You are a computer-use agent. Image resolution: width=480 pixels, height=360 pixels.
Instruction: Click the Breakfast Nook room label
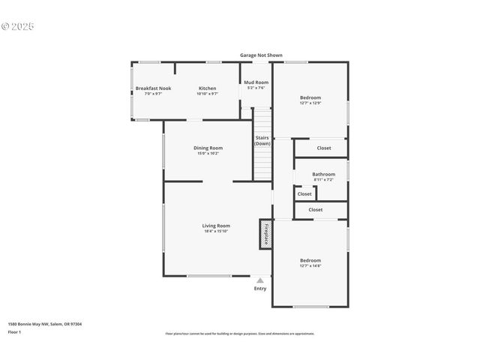pos(153,88)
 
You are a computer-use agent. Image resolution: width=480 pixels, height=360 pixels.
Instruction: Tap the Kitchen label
pos(207,88)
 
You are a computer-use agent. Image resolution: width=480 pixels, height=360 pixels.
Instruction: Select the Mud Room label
pos(256,82)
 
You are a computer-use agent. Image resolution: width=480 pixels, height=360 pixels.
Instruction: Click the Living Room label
pos(216,226)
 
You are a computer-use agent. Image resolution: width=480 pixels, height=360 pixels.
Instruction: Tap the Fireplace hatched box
pos(265,233)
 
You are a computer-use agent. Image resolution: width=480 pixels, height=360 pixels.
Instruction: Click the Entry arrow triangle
pos(260,280)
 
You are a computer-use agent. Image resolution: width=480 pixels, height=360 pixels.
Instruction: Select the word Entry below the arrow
pos(260,289)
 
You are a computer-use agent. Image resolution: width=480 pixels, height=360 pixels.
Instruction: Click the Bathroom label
pos(324,175)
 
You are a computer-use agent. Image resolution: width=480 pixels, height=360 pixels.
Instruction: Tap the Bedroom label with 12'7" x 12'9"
pos(310,97)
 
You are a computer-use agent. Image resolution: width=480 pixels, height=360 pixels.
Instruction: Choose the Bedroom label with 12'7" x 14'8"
pos(310,260)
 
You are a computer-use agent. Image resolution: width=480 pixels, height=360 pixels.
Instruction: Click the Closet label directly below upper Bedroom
pos(324,148)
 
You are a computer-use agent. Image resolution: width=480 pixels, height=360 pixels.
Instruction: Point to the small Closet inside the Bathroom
pos(304,194)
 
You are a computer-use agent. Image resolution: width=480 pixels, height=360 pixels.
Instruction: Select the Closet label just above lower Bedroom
pos(316,210)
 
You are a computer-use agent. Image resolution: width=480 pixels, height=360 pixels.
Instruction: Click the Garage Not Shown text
pos(261,55)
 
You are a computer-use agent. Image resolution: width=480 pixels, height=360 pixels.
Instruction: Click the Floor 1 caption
pos(14,331)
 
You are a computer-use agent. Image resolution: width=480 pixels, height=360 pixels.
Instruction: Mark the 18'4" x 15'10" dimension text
pos(216,231)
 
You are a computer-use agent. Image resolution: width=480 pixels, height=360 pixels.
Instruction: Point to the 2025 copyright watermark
pos(18,26)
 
